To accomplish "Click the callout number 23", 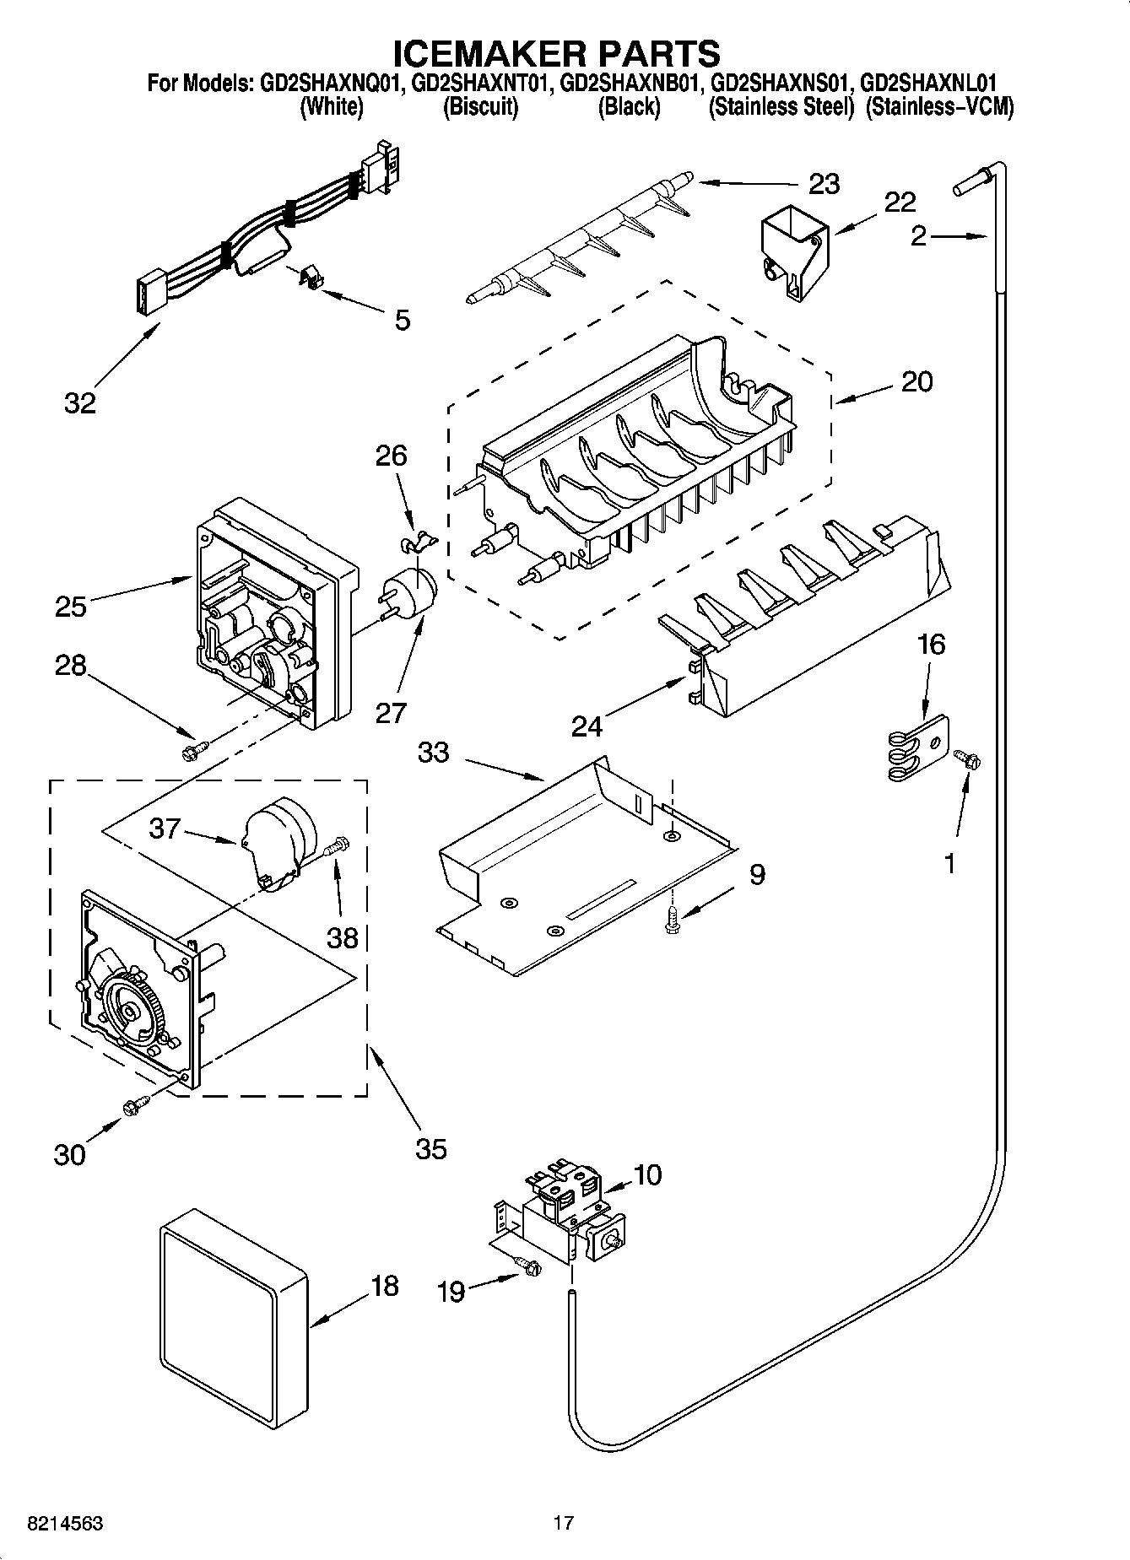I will coord(824,184).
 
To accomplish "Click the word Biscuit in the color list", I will coord(480,107).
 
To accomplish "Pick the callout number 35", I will coord(430,1148).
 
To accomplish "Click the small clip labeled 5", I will coord(311,278).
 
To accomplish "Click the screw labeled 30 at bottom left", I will coord(136,1105).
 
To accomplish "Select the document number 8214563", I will coord(66,1523).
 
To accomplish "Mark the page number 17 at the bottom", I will coord(564,1523).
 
